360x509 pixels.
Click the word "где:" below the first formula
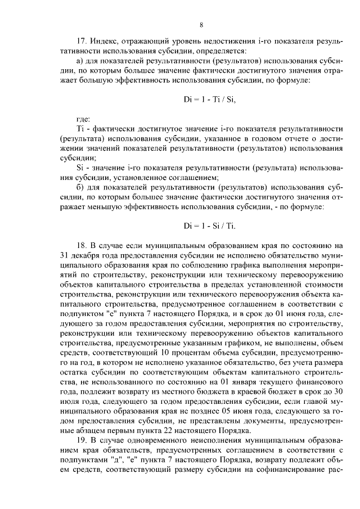pyautogui.click(x=82, y=119)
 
